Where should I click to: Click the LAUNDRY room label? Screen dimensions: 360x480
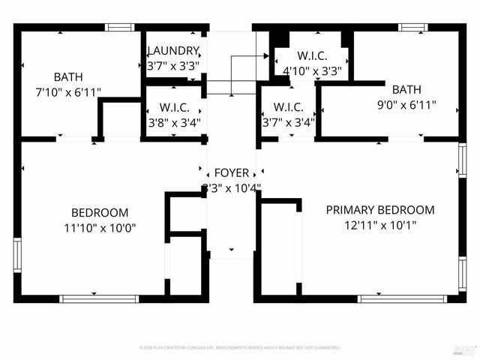(x=173, y=51)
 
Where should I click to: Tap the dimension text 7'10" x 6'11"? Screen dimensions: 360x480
(x=68, y=91)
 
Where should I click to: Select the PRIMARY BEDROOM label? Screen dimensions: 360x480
(x=379, y=210)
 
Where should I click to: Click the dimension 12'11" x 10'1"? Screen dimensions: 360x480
(x=379, y=224)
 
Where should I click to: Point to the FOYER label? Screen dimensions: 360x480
(x=231, y=173)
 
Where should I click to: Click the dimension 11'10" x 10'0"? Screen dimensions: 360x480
(x=100, y=226)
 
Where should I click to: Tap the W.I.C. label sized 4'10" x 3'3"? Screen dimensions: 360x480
(x=312, y=55)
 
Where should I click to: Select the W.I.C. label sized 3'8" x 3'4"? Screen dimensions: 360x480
(x=173, y=107)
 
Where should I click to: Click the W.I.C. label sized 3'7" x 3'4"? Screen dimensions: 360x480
(x=288, y=107)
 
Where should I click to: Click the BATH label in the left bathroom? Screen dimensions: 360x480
(x=68, y=77)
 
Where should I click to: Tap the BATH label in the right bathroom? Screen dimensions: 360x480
(x=406, y=89)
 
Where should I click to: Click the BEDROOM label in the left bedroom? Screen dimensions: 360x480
(x=100, y=212)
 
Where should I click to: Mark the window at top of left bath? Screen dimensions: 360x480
(x=119, y=27)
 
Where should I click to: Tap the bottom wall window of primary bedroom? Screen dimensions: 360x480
(x=391, y=298)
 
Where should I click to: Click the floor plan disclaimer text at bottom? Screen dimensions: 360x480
(x=240, y=348)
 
